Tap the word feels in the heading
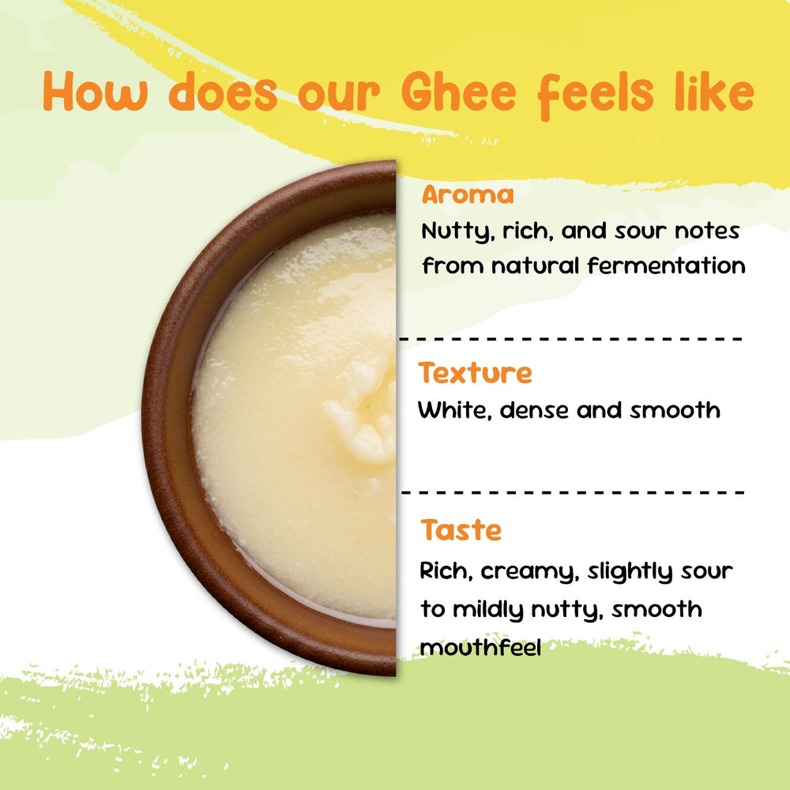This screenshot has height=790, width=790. click(596, 95)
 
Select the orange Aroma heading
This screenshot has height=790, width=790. click(468, 194)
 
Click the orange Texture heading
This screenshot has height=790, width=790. click(475, 373)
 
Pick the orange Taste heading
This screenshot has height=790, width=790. click(461, 529)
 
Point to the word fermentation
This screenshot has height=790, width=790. click(666, 265)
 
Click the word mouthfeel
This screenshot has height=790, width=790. click(480, 648)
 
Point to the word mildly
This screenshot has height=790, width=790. click(488, 610)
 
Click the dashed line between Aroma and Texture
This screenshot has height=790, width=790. click(570, 339)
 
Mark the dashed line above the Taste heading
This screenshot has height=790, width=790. click(573, 492)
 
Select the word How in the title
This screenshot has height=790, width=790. click(96, 91)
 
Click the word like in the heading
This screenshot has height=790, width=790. click(714, 91)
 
